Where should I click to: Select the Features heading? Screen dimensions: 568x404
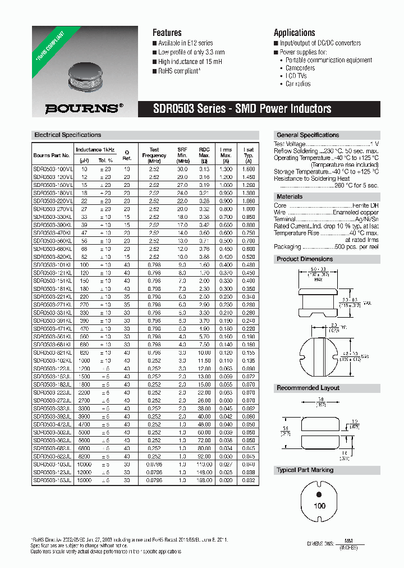click(167, 33)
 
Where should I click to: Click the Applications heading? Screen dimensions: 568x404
click(294, 33)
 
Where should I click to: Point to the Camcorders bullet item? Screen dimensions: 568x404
click(300, 68)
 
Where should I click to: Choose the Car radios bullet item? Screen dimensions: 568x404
click(297, 84)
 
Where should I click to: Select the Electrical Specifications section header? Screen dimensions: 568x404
click(67, 135)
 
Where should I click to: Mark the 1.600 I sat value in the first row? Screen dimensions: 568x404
click(249, 169)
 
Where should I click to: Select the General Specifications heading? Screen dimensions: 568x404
click(307, 135)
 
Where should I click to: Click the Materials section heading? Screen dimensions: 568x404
click(289, 196)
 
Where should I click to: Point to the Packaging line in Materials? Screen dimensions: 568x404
click(325, 246)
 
